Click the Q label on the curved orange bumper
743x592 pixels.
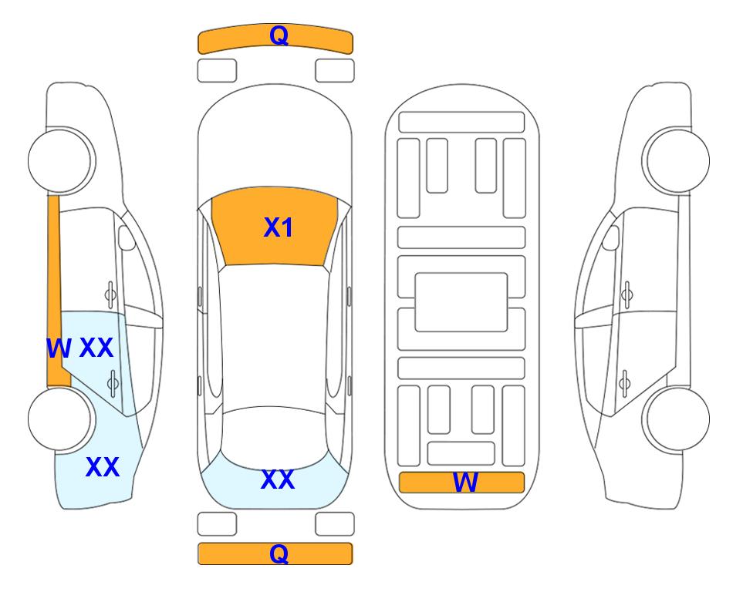279,35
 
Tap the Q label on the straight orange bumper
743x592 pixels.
279,553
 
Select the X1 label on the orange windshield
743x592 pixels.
279,227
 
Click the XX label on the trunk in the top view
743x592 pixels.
278,479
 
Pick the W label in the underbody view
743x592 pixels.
464,483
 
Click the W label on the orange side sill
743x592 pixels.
59,348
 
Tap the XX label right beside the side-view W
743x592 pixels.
96,348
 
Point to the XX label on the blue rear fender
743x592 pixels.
103,467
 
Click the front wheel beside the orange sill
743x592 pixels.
61,160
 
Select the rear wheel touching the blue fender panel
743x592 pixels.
61,419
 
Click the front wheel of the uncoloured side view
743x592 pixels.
676,160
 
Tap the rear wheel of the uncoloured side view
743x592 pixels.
676,419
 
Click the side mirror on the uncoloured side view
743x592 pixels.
610,237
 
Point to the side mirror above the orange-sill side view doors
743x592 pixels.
127,237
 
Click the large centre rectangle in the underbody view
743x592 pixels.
461,302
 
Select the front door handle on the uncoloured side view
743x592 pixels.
627,294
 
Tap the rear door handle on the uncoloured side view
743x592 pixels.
624,383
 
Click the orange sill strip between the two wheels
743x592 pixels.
56,291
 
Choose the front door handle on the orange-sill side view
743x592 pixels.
110,294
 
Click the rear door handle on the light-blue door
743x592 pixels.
113,383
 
